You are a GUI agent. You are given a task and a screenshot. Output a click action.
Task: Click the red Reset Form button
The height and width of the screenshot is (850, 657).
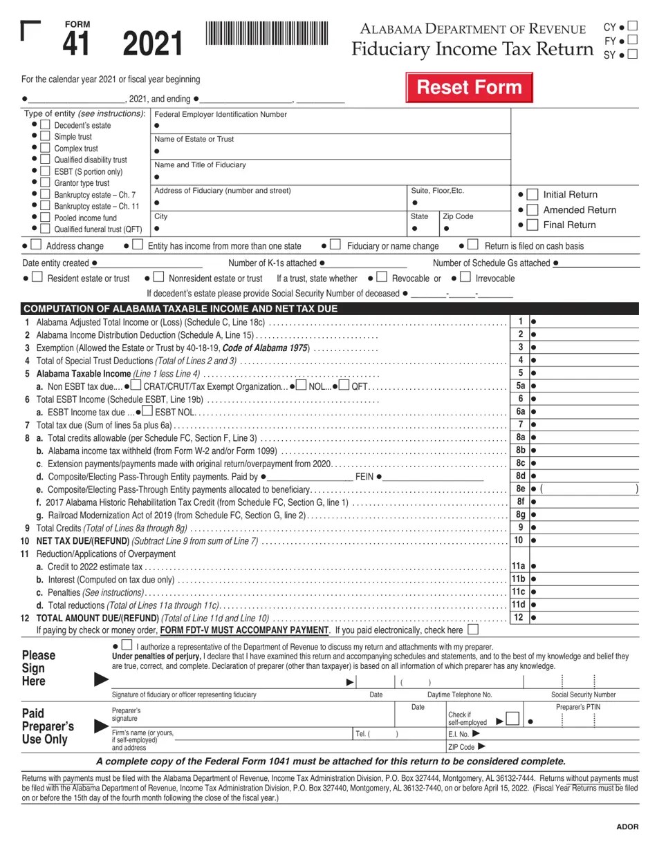(x=469, y=88)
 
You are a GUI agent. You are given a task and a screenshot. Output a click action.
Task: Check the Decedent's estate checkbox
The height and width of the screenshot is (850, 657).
(x=45, y=125)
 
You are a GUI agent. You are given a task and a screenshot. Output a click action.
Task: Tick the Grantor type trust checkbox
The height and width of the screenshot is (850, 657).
(x=45, y=182)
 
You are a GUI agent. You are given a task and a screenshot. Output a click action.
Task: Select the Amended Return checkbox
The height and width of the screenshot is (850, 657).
(x=533, y=209)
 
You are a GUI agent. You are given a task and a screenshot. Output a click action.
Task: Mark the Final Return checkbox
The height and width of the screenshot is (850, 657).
(x=533, y=225)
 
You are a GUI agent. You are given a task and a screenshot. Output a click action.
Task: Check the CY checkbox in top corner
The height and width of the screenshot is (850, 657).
(x=631, y=27)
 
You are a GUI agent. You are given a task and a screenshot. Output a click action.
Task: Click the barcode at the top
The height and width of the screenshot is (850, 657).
(x=266, y=33)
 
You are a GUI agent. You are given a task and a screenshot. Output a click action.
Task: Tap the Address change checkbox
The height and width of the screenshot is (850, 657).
(x=36, y=245)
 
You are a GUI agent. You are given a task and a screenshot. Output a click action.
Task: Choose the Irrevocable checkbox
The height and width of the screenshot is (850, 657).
(x=465, y=278)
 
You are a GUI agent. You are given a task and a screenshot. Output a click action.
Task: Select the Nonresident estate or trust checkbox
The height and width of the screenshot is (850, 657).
(x=158, y=278)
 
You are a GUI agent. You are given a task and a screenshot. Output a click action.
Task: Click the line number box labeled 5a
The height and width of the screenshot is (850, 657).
(x=520, y=386)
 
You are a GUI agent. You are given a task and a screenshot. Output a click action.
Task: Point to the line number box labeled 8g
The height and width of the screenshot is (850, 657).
(x=520, y=514)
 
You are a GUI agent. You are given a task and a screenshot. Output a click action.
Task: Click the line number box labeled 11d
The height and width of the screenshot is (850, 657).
(x=519, y=605)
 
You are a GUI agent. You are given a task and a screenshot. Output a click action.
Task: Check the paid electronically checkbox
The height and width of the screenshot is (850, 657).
(x=473, y=630)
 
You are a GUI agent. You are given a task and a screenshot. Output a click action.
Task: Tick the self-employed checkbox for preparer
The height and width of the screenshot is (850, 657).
(x=512, y=719)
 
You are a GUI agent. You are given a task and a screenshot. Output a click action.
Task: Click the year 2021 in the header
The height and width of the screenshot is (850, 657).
(x=153, y=44)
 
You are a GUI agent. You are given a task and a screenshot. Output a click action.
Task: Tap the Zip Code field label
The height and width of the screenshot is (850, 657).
(x=458, y=216)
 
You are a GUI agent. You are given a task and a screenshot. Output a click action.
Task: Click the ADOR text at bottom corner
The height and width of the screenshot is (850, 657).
(x=627, y=827)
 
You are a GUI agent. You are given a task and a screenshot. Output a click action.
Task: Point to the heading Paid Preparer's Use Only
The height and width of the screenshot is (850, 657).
(x=48, y=726)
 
